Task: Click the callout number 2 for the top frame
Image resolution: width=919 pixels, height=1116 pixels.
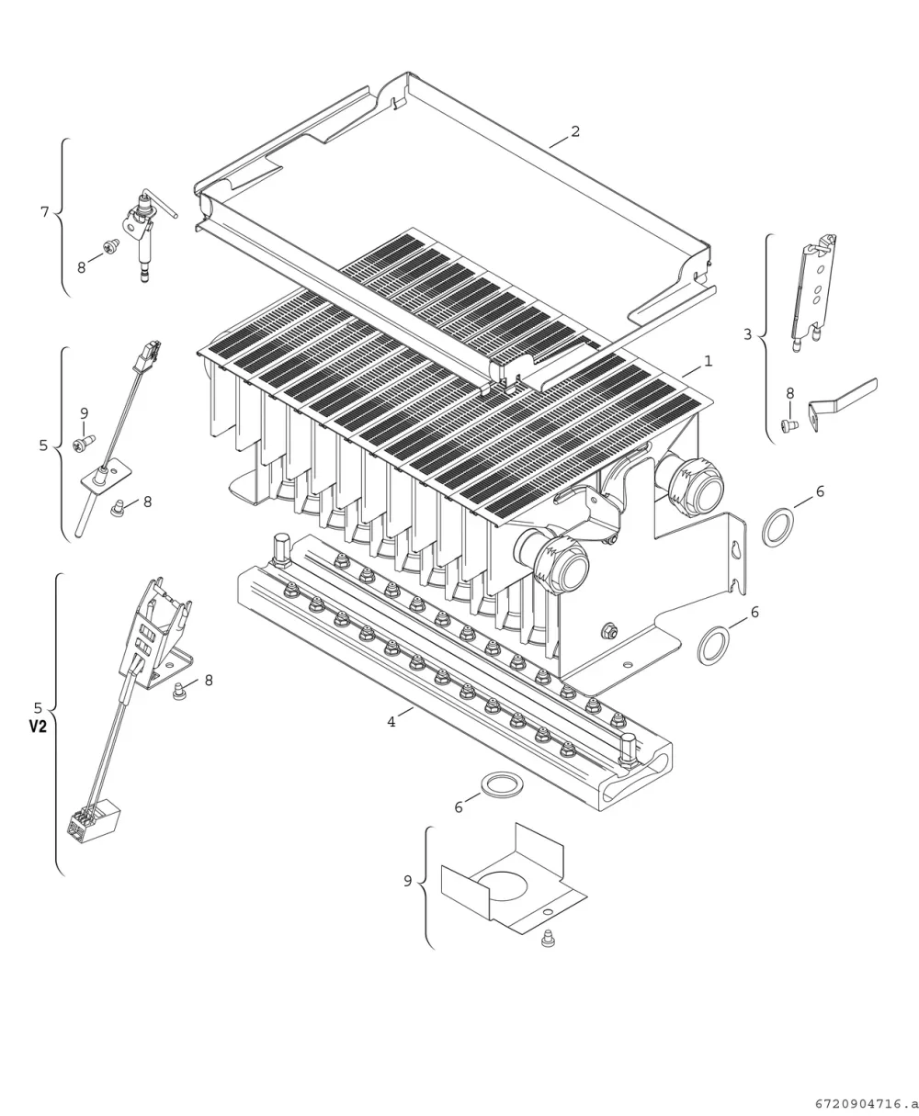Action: point(575,130)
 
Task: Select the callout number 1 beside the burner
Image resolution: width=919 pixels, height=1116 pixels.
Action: point(708,361)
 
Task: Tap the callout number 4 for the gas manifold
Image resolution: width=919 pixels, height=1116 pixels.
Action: point(391,721)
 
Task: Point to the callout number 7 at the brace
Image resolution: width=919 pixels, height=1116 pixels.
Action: point(45,211)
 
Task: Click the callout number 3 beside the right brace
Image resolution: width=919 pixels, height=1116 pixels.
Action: point(747,334)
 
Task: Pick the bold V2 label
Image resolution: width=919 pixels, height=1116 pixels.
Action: point(38,727)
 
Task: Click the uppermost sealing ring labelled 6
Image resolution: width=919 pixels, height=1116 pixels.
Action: point(778,526)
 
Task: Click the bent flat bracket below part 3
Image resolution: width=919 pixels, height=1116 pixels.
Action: point(843,404)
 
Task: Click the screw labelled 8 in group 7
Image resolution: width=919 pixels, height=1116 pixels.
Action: point(111,246)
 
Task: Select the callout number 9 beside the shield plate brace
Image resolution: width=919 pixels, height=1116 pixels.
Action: point(408,881)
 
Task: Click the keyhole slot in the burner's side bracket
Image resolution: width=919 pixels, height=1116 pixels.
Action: point(735,550)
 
